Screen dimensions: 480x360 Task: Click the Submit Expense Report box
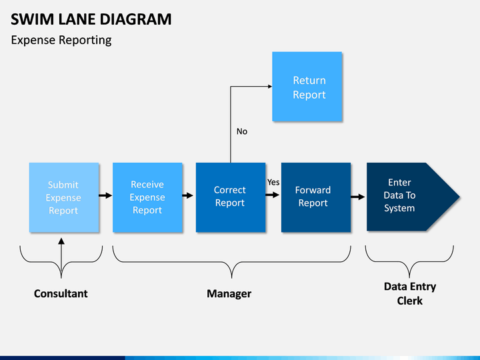[64, 197]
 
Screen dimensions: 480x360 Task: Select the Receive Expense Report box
[147, 197]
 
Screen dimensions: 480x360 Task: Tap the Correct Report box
[231, 197]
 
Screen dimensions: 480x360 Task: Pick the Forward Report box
[316, 197]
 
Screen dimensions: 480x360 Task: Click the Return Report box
[307, 87]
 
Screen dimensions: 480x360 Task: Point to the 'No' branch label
[242, 131]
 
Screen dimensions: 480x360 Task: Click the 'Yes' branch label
[273, 182]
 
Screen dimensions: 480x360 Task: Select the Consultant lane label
[61, 293]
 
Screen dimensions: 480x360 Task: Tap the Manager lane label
[229, 293]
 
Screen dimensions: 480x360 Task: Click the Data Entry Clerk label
[410, 293]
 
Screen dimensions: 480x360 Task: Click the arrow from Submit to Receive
[105, 195]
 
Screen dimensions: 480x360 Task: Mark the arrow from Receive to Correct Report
[187, 195]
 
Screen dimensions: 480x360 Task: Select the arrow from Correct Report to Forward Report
[273, 195]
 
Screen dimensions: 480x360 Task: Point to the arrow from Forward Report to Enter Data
[358, 197]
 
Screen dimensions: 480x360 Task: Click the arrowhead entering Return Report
[270, 87]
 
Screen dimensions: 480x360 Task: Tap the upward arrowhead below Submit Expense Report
[61, 241]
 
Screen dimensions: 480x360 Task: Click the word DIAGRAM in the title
[135, 19]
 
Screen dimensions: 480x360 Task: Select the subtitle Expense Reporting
[61, 40]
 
